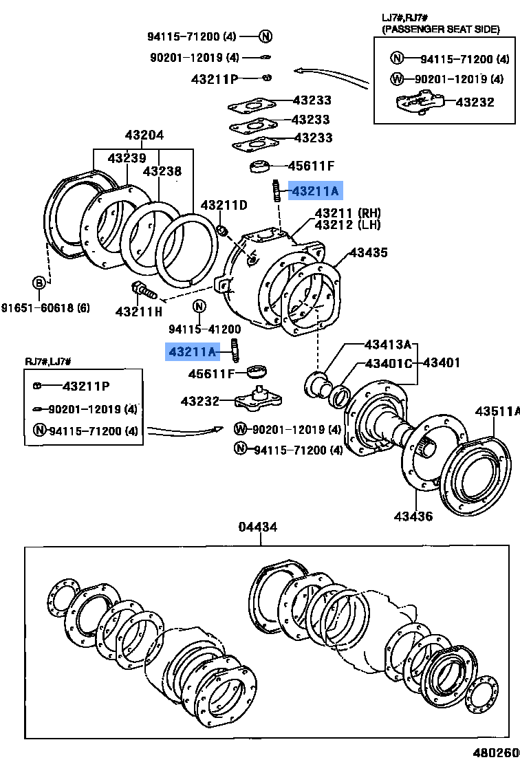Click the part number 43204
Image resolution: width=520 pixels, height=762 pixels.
pyautogui.click(x=144, y=135)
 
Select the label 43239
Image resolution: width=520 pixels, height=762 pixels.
pyautogui.click(x=127, y=158)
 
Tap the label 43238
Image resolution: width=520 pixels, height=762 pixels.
pyautogui.click(x=162, y=171)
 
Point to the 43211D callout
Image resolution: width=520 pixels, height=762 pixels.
pyautogui.click(x=224, y=205)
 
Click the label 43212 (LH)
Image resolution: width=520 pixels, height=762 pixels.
pyautogui.click(x=347, y=225)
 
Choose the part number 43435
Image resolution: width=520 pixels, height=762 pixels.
pyautogui.click(x=368, y=253)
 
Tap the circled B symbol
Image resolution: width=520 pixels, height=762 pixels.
pyautogui.click(x=40, y=282)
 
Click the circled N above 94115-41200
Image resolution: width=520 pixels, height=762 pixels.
pyautogui.click(x=199, y=307)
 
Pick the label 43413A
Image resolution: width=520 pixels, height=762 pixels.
pyautogui.click(x=387, y=344)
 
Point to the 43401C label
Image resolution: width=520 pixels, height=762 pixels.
pyautogui.click(x=388, y=362)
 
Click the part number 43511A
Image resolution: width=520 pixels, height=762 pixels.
pyautogui.click(x=497, y=411)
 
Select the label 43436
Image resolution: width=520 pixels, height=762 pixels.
pyautogui.click(x=413, y=515)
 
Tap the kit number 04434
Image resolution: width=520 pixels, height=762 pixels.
pyautogui.click(x=259, y=527)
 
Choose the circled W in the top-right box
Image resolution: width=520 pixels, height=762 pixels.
pyautogui.click(x=397, y=78)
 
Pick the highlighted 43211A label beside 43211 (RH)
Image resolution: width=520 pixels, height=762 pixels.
pyautogui.click(x=315, y=190)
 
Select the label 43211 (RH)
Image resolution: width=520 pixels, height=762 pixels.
pyautogui.click(x=347, y=213)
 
